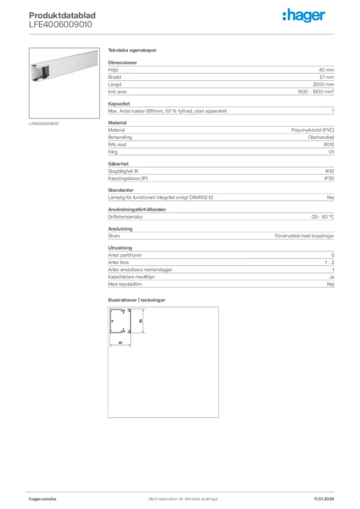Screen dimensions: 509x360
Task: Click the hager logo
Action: (304, 16)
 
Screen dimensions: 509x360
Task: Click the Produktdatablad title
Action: (62, 16)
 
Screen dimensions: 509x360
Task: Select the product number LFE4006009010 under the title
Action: (60, 24)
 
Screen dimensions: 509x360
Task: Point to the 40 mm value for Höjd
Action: (326, 70)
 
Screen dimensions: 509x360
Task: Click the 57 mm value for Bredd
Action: (326, 77)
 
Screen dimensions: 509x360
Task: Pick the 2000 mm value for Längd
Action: (323, 85)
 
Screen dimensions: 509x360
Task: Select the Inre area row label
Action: (117, 92)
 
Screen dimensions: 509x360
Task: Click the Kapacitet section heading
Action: (119, 103)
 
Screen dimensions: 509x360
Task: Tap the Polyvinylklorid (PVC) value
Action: (312, 130)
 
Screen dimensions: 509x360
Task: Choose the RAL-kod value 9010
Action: (329, 144)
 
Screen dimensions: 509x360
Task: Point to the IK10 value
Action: (329, 171)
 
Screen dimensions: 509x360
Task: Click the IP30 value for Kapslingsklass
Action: (329, 178)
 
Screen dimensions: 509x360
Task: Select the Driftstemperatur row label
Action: (126, 217)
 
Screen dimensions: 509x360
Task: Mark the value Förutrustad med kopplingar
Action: (304, 236)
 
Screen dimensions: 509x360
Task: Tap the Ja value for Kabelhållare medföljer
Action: (331, 277)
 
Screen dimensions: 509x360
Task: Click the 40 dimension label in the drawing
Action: (120, 343)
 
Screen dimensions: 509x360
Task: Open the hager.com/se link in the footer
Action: (43, 499)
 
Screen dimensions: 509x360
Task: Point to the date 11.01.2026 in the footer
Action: (324, 499)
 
